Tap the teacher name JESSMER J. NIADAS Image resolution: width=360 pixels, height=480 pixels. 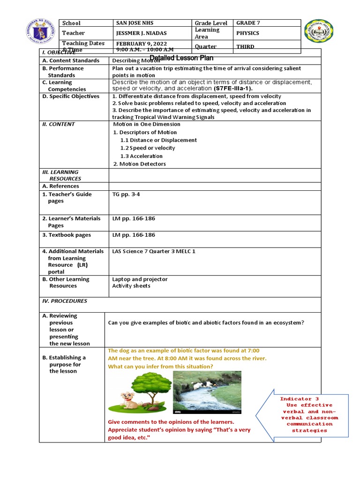pos(141,33)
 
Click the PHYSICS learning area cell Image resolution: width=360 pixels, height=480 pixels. pos(248,33)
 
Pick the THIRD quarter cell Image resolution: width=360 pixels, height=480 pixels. pos(246,46)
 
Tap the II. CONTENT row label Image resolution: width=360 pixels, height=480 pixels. pos(58,124)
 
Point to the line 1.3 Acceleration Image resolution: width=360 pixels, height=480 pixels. pos(141,156)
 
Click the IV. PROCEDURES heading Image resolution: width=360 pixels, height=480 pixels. pos(65,301)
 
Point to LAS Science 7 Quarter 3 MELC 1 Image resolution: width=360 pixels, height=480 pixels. pos(154,251)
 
